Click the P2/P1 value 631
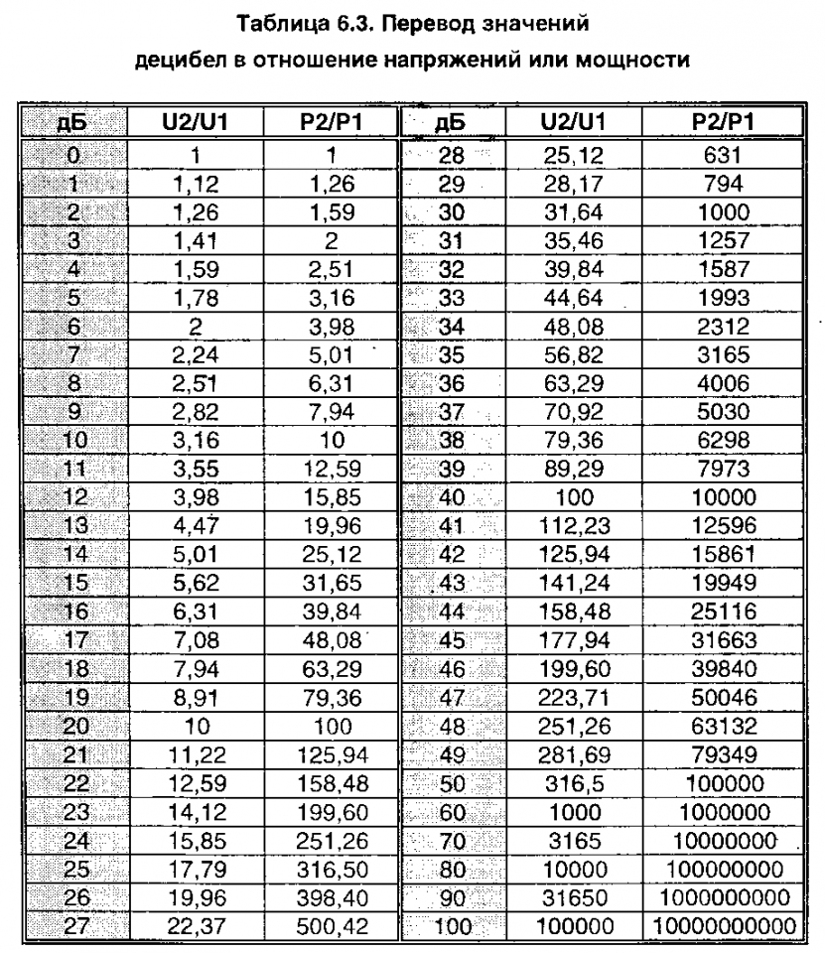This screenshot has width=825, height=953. (722, 154)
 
